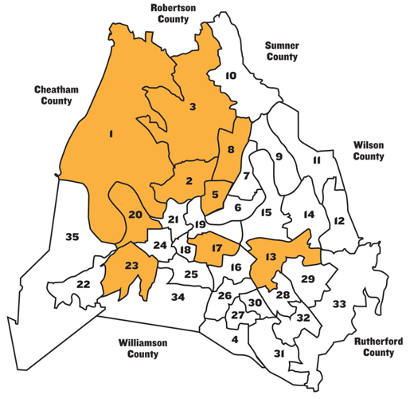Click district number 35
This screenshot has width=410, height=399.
tap(72, 237)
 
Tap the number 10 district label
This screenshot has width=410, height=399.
tap(230, 76)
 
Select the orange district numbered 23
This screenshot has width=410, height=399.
tap(131, 266)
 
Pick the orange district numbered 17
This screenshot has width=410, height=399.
tap(216, 249)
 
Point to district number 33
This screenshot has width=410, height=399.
tap(339, 304)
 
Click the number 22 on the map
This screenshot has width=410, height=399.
tap(83, 284)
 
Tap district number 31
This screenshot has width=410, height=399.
tap(279, 353)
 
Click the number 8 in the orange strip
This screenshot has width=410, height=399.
tap(230, 149)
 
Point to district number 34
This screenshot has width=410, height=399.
tap(178, 298)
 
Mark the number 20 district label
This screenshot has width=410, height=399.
tap(135, 215)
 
